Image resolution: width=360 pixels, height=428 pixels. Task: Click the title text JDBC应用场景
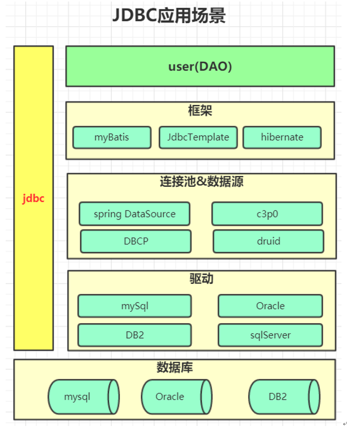pyautogui.click(x=169, y=16)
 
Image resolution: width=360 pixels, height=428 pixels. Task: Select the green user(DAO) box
pyautogui.click(x=200, y=66)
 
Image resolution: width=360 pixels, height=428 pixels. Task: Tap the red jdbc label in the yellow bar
pyautogui.click(x=33, y=199)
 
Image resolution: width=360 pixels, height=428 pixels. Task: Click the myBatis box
pyautogui.click(x=112, y=137)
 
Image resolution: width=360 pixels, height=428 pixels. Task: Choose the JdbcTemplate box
pyautogui.click(x=198, y=137)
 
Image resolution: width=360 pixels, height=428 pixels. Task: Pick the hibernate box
pyautogui.click(x=282, y=137)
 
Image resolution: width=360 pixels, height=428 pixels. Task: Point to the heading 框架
pyautogui.click(x=200, y=111)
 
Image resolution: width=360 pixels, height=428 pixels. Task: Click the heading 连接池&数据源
pyautogui.click(x=201, y=182)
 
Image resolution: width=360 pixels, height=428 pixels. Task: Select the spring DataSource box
pyautogui.click(x=134, y=214)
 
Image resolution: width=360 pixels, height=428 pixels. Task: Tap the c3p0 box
pyautogui.click(x=267, y=214)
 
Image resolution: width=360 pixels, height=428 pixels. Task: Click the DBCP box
pyautogui.click(x=136, y=241)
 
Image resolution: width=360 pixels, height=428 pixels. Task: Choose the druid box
pyautogui.click(x=268, y=241)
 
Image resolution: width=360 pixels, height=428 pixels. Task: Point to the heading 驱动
pyautogui.click(x=201, y=279)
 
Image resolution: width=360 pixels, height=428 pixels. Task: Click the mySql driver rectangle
pyautogui.click(x=134, y=306)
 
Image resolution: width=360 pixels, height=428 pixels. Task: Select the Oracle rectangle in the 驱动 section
pyautogui.click(x=270, y=306)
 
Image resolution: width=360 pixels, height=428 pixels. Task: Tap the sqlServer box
pyautogui.click(x=270, y=335)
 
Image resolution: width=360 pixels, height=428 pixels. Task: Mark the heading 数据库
pyautogui.click(x=175, y=367)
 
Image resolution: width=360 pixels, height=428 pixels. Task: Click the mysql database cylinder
pyautogui.click(x=83, y=397)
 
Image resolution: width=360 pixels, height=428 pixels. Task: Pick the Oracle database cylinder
pyautogui.click(x=176, y=397)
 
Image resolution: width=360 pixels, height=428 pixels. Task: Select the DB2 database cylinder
pyautogui.click(x=284, y=397)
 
